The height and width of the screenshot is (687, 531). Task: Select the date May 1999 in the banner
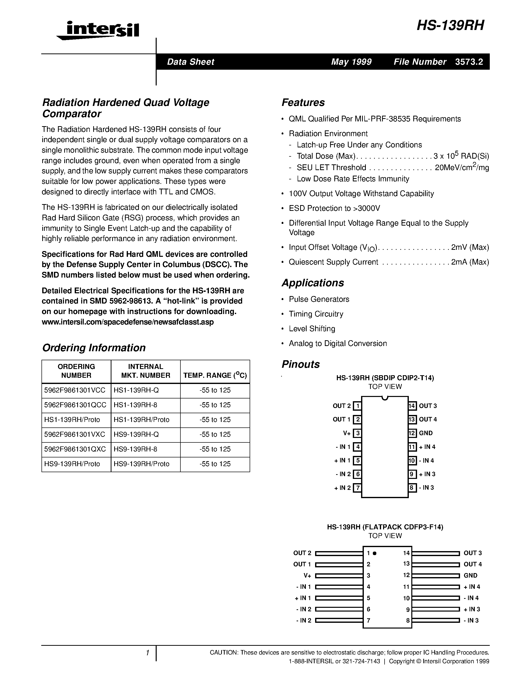[351, 62]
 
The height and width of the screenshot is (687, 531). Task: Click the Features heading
[303, 102]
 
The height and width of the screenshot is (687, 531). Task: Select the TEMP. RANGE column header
[215, 375]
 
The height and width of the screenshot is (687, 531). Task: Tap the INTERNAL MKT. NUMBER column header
[145, 371]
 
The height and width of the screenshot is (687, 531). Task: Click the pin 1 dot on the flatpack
[375, 553]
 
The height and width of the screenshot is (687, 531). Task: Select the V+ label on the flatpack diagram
[307, 576]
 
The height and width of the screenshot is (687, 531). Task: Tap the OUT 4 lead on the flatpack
[436, 564]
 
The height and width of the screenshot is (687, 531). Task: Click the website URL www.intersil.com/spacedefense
[127, 322]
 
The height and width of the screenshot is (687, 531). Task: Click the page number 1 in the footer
[147, 653]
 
